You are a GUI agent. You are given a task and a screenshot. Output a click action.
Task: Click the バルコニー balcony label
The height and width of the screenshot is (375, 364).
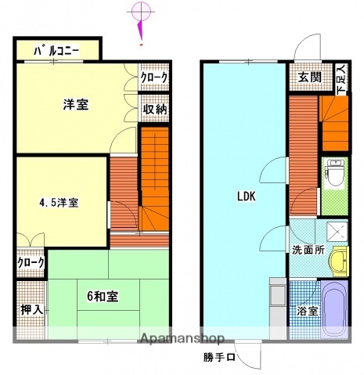(x=56, y=52)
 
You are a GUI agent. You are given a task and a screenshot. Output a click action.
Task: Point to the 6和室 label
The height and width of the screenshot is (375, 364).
(x=103, y=296)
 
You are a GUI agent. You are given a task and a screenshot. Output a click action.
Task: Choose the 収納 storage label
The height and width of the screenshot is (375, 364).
(x=155, y=110)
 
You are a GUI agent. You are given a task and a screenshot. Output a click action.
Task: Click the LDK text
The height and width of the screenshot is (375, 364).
(x=247, y=197)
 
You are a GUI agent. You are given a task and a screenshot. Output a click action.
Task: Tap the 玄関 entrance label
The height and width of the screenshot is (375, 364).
(x=309, y=77)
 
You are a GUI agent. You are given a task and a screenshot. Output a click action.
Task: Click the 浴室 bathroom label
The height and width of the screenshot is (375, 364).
(x=308, y=312)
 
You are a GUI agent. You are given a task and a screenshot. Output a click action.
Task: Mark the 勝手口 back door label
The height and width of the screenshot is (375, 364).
(x=220, y=358)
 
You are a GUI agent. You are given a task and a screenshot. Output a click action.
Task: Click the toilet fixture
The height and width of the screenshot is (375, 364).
(x=333, y=172)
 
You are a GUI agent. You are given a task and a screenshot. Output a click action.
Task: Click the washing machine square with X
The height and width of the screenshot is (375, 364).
(x=337, y=230)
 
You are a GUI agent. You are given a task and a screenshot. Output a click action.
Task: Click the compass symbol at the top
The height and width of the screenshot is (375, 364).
(x=140, y=12)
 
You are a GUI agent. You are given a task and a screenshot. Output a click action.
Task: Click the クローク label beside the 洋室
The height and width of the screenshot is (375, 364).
(x=154, y=78)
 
